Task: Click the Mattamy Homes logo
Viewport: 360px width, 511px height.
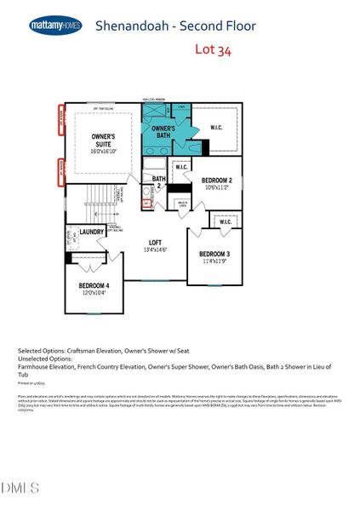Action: [55, 26]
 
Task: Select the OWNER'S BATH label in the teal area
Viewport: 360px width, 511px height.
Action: [163, 133]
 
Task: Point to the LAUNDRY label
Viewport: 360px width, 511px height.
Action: [92, 232]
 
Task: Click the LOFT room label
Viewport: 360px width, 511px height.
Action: [154, 244]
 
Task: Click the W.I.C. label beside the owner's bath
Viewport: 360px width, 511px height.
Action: [216, 128]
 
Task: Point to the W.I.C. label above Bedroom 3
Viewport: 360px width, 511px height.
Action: [225, 222]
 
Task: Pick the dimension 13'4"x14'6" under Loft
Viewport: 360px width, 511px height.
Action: [154, 251]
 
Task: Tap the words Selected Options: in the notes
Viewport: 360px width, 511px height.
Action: [42, 350]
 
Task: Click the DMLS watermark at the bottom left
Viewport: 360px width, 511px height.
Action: [20, 487]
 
